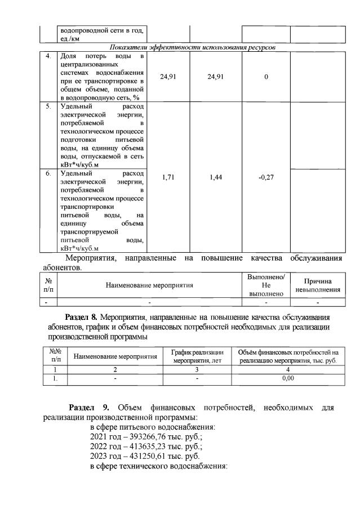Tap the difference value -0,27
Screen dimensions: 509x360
tap(266, 177)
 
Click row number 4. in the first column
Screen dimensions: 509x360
tap(49, 56)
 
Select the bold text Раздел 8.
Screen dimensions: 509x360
tap(85, 318)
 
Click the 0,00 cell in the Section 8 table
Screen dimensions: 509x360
tap(287, 379)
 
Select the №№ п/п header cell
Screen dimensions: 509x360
tap(55, 355)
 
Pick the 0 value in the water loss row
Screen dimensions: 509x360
tap(266, 77)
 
